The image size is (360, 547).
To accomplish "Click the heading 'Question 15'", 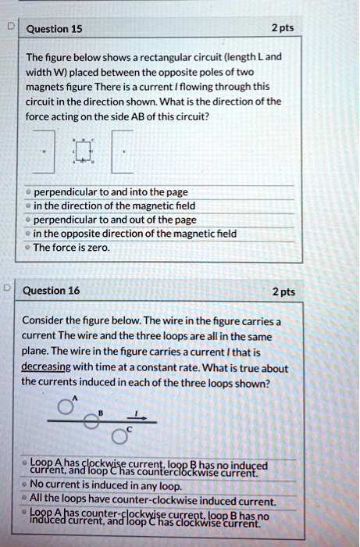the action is click(54, 30).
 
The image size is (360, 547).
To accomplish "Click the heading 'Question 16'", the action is click(54, 291).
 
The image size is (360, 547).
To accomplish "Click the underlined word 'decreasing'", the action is click(45, 368).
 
